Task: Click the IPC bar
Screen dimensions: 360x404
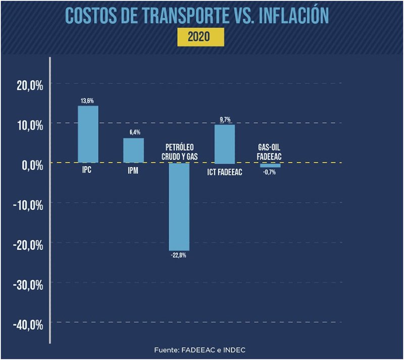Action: coord(88,134)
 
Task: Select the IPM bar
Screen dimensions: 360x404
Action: coord(133,150)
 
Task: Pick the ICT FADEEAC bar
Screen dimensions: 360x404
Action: coord(225,144)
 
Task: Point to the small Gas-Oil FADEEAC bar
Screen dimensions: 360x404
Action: coord(270,165)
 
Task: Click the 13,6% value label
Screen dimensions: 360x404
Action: coord(88,101)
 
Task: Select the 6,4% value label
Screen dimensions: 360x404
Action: coord(133,133)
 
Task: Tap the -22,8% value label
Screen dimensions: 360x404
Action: coord(179,255)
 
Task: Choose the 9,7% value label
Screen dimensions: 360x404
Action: coord(225,119)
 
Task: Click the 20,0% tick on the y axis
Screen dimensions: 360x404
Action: coord(29,85)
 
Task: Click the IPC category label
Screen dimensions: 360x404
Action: coord(88,170)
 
